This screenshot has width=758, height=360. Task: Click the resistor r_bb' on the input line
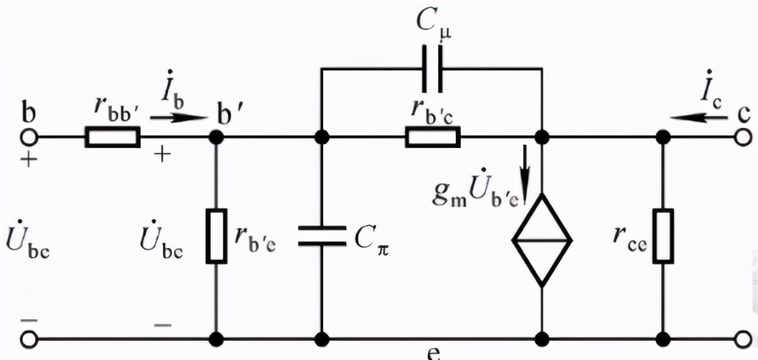(113, 137)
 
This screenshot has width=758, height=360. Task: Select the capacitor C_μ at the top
(433, 70)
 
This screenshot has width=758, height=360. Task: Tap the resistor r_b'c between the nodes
(433, 137)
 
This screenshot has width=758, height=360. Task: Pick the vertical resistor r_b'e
(216, 238)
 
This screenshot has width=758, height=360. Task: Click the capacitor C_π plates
(322, 238)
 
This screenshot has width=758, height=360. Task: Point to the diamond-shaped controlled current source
(543, 238)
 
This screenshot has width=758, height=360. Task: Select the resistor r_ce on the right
(663, 238)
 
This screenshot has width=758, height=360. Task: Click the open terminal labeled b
(30, 137)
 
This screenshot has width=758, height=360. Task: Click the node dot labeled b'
(216, 137)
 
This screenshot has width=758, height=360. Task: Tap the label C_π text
(373, 236)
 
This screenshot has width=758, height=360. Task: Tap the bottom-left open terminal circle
(30, 338)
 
